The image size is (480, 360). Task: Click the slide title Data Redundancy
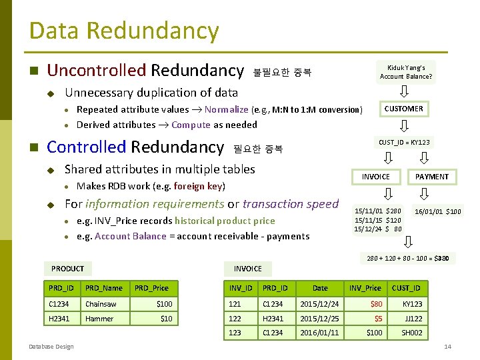click(124, 31)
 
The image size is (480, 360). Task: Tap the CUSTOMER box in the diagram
click(403, 109)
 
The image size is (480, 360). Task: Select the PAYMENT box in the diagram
click(432, 177)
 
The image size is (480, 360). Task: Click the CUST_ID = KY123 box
click(404, 143)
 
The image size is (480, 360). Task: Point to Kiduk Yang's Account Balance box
click(406, 71)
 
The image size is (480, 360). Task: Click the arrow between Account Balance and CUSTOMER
click(404, 91)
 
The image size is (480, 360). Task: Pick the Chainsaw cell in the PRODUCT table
click(101, 304)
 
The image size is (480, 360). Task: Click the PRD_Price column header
click(151, 288)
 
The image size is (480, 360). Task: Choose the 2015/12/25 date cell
click(319, 319)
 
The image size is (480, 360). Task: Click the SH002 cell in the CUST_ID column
click(411, 333)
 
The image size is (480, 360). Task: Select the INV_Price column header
click(365, 288)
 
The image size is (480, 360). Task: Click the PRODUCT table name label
click(68, 269)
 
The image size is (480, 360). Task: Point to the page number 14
click(447, 347)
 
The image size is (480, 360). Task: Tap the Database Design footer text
click(51, 346)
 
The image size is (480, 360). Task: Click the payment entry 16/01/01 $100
click(437, 212)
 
